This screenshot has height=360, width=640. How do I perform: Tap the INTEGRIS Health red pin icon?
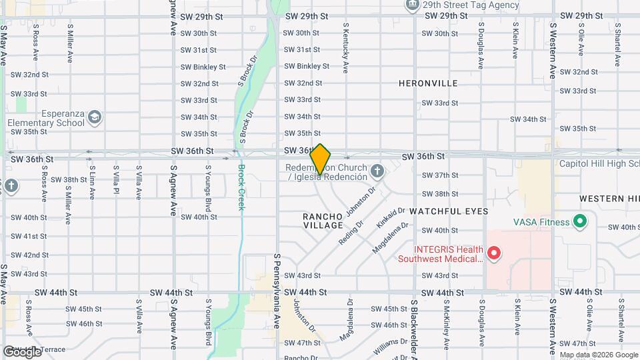(494, 253)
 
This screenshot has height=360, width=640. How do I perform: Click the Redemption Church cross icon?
(377, 172)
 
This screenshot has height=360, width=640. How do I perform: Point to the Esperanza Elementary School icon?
(95, 117)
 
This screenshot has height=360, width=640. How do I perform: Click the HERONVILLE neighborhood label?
(428, 83)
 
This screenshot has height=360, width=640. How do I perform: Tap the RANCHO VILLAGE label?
(323, 221)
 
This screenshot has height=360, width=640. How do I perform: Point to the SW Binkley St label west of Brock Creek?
(203, 67)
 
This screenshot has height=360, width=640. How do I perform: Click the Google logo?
(22, 351)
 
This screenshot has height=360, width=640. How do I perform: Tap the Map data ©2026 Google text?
(597, 355)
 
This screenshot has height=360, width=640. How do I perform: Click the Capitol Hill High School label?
(599, 164)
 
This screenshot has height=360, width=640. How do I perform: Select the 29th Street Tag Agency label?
(470, 5)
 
